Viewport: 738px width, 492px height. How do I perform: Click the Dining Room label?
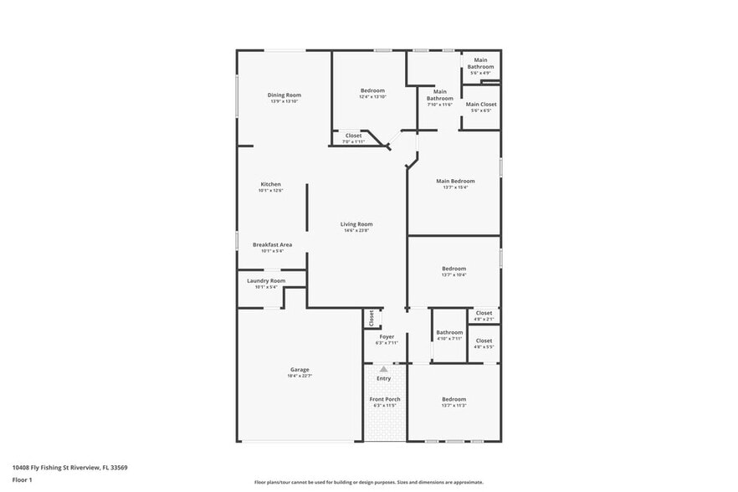(284, 95)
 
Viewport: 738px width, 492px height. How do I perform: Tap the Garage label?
(300, 370)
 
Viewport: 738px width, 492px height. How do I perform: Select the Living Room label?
(356, 224)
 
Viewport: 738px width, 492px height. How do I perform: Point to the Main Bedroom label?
(455, 181)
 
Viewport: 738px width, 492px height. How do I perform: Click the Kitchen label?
(270, 184)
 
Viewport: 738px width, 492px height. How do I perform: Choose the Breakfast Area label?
(272, 244)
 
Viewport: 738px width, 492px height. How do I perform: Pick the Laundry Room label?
(266, 280)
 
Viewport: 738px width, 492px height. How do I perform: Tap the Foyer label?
(387, 336)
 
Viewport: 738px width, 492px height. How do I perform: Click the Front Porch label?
(385, 399)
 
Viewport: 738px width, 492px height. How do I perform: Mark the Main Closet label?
(480, 105)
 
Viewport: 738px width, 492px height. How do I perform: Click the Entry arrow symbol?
(384, 368)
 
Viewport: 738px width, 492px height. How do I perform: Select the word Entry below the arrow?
(384, 378)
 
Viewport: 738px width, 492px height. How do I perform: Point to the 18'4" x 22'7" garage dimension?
(300, 377)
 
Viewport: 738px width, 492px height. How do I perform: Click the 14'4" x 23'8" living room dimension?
(356, 231)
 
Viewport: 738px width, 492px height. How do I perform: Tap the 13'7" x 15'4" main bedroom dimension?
(455, 187)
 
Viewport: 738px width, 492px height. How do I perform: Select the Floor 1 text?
(22, 479)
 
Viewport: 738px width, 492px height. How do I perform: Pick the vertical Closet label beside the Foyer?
(372, 318)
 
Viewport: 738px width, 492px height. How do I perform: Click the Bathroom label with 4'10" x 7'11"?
(449, 332)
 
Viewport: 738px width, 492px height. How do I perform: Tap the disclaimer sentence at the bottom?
(368, 482)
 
